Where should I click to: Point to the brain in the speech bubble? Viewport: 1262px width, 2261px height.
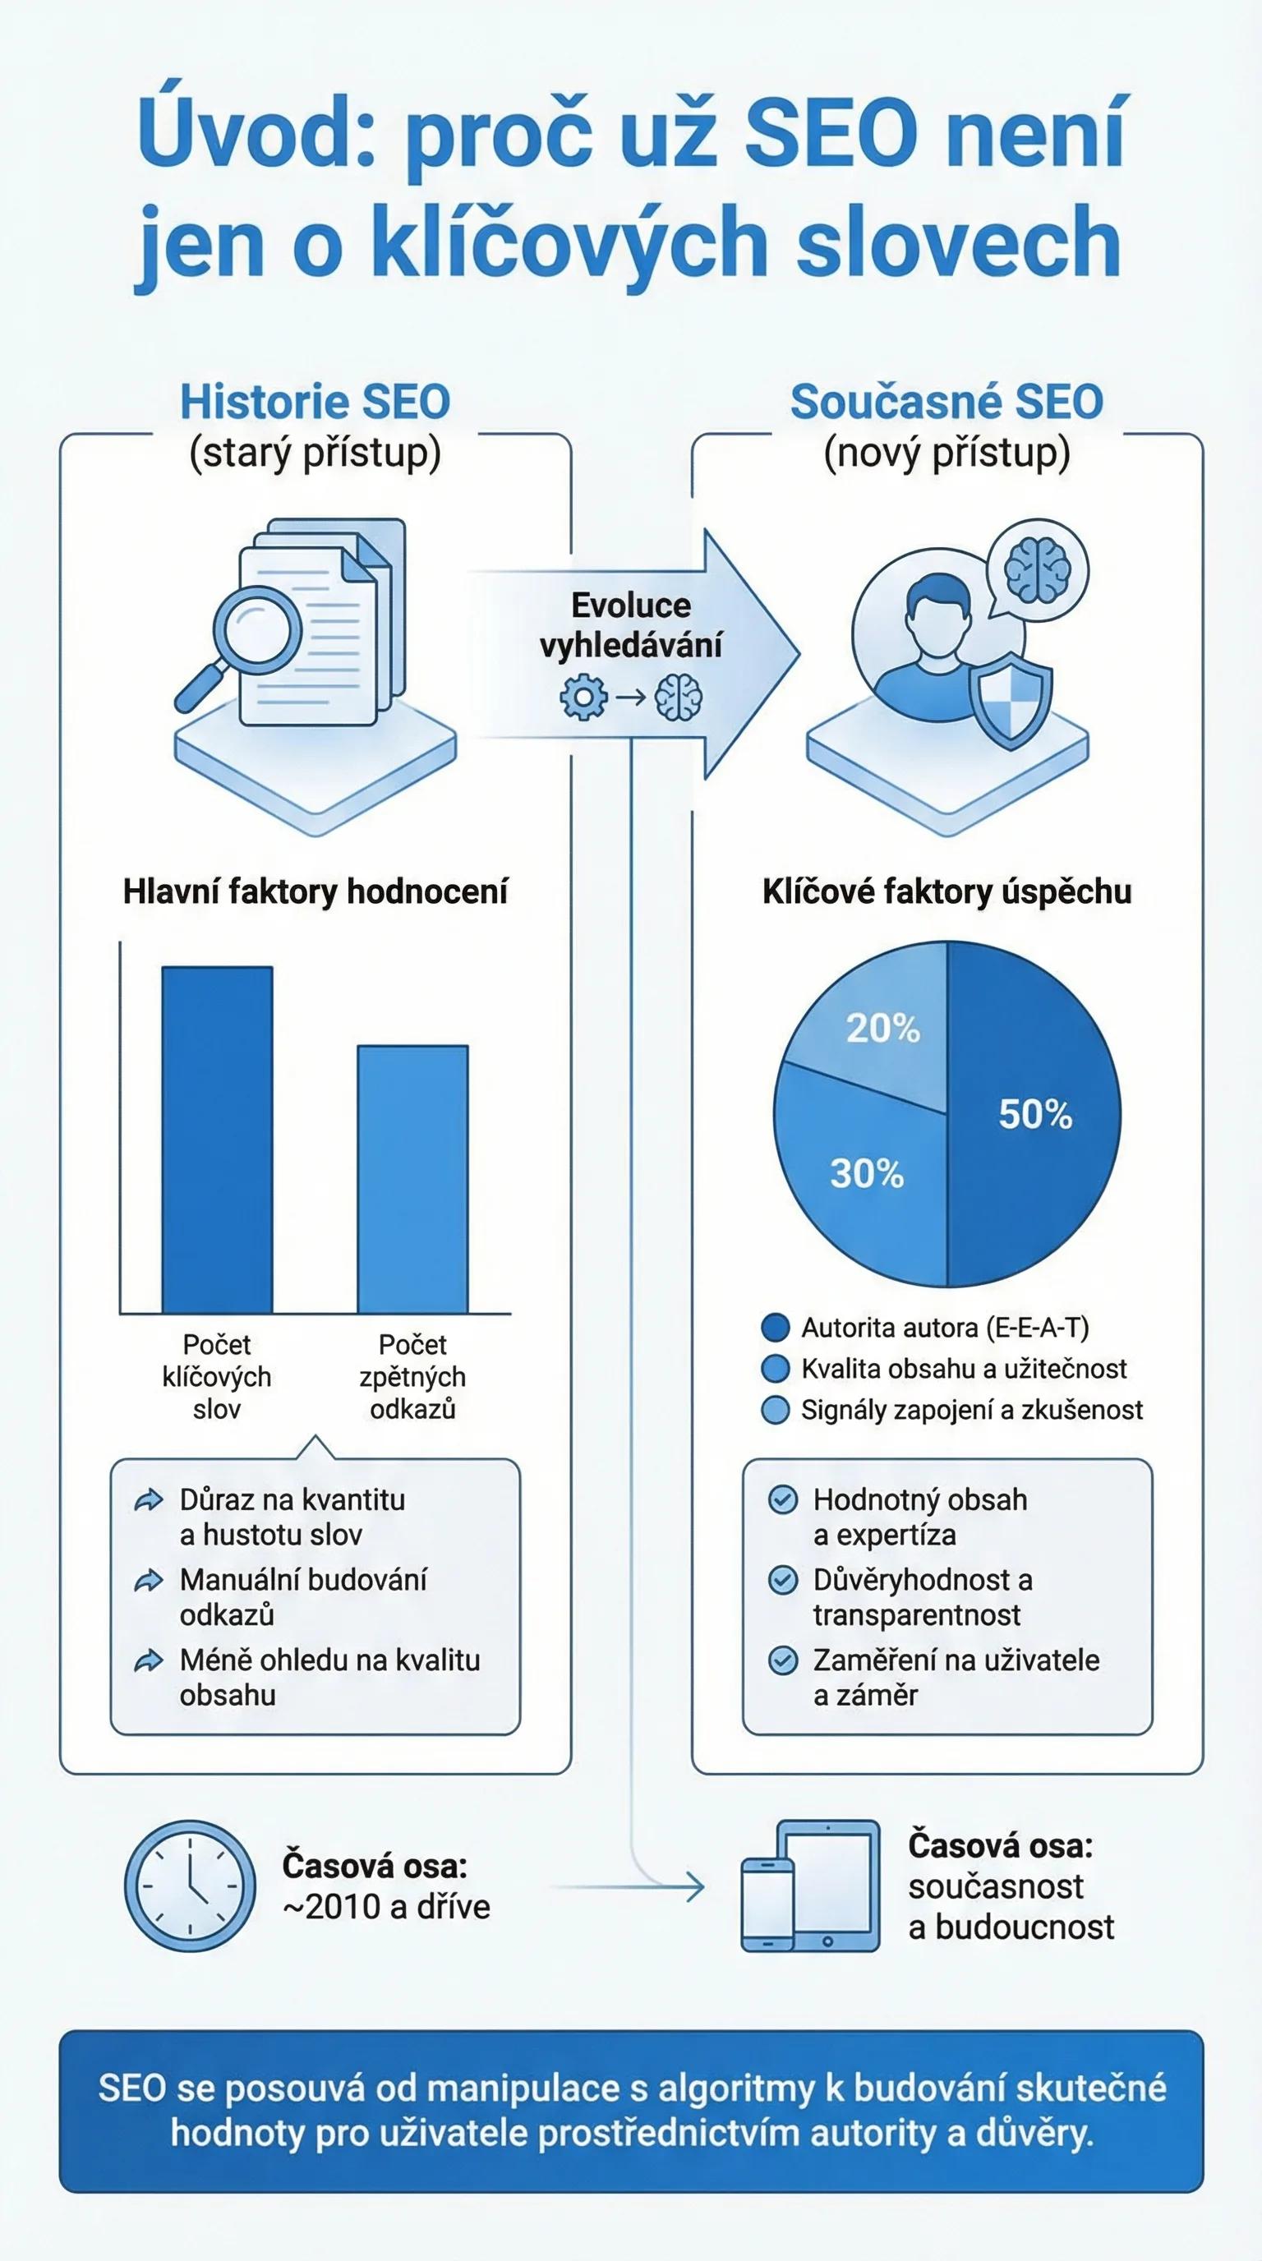(x=1039, y=565)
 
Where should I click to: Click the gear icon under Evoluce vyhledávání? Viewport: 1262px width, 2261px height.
(x=583, y=698)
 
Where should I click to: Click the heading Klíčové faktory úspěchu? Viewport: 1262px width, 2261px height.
(x=947, y=891)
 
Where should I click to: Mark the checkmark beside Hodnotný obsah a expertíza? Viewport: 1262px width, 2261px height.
(x=781, y=1501)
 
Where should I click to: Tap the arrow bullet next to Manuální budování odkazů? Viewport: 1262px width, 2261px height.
(x=149, y=1582)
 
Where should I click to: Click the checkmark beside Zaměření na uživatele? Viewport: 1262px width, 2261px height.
(x=781, y=1661)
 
